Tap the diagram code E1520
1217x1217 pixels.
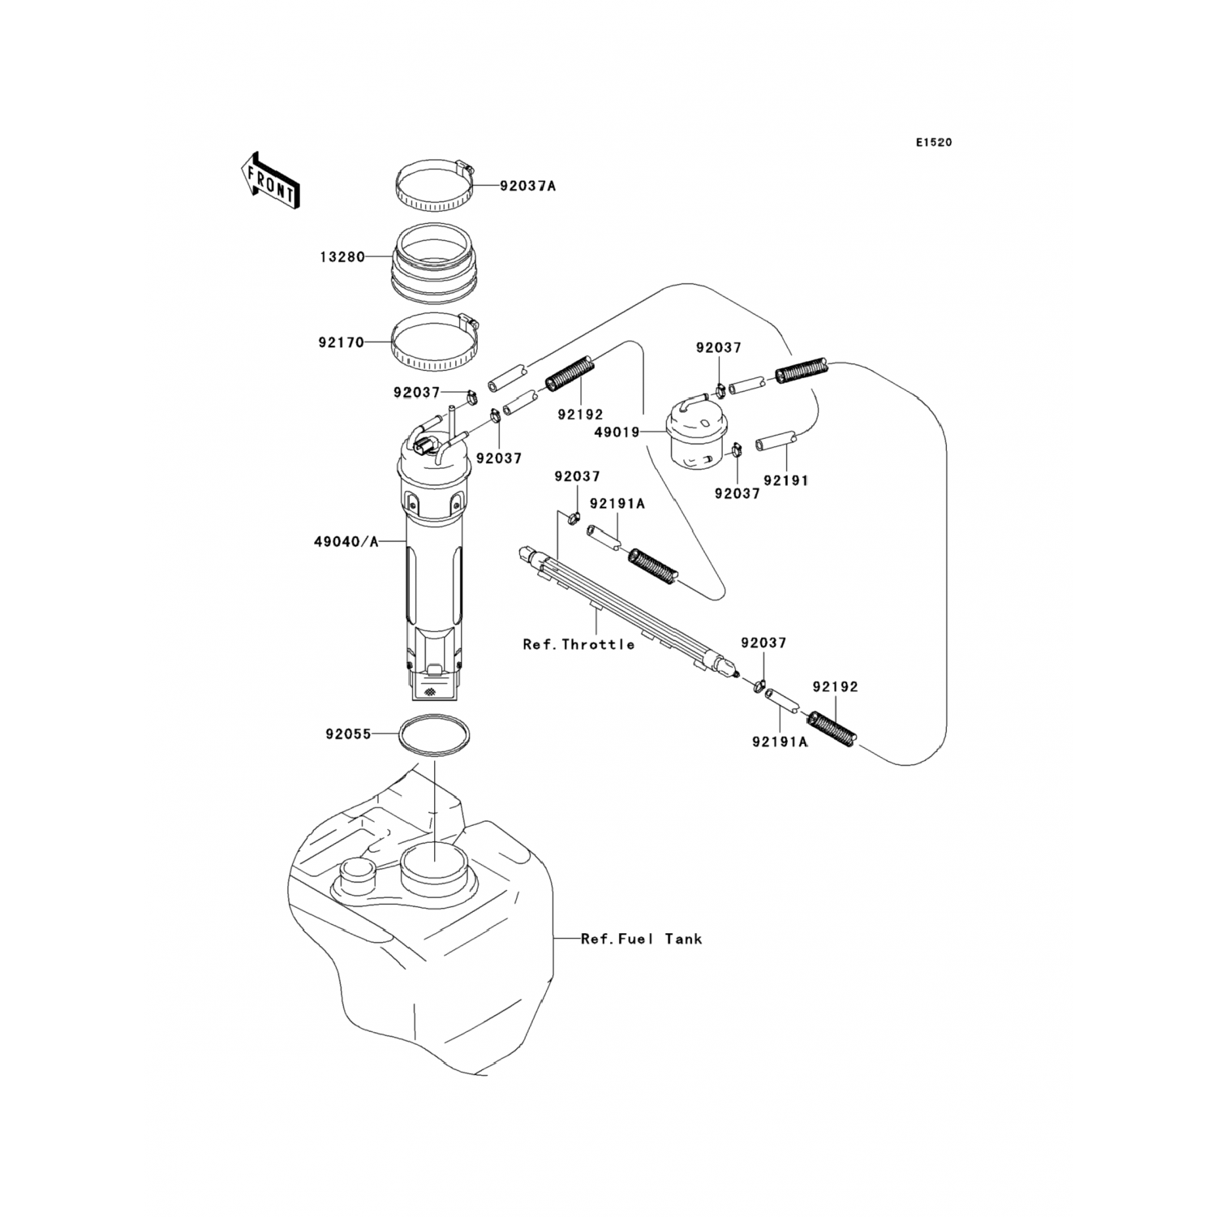tap(934, 143)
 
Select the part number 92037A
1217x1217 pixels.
tap(527, 186)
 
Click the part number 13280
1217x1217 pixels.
tap(342, 257)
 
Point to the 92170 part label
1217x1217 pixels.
tap(341, 342)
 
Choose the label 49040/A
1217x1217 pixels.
tap(346, 541)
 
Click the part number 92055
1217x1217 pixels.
tap(348, 734)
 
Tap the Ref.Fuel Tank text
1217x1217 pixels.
tap(642, 939)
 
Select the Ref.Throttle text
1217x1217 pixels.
tap(578, 644)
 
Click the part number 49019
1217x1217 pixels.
tap(618, 432)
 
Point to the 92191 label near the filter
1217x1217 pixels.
tap(786, 480)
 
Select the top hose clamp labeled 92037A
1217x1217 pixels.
tap(435, 187)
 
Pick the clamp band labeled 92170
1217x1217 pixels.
tap(435, 343)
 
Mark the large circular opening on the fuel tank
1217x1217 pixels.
tap(434, 866)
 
